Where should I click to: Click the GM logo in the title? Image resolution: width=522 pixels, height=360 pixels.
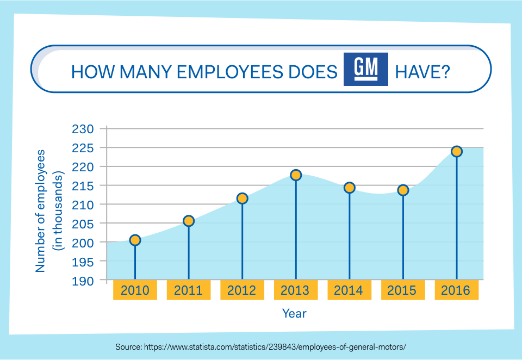pyautogui.click(x=366, y=70)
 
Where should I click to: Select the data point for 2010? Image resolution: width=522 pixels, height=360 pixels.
pyautogui.click(x=135, y=240)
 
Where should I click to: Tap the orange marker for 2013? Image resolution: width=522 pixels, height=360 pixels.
pyautogui.click(x=296, y=175)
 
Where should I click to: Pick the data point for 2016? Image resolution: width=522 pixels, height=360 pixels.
pyautogui.click(x=457, y=151)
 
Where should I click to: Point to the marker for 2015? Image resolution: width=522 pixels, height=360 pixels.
pyautogui.click(x=403, y=190)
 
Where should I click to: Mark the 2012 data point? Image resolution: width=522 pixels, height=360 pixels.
pyautogui.click(x=243, y=198)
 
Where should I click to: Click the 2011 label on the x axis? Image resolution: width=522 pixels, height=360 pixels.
pyautogui.click(x=188, y=290)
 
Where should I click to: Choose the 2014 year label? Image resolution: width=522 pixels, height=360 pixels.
pyautogui.click(x=349, y=290)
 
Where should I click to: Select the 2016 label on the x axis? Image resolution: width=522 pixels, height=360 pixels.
pyautogui.click(x=456, y=290)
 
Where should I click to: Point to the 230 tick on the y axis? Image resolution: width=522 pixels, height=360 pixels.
pyautogui.click(x=83, y=129)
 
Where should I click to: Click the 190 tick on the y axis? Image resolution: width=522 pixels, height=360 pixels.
pyautogui.click(x=83, y=281)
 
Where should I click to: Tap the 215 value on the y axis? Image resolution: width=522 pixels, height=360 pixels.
pyautogui.click(x=83, y=186)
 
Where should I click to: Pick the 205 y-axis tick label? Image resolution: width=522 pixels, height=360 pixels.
pyautogui.click(x=83, y=224)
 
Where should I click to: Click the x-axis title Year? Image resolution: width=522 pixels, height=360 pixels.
pyautogui.click(x=294, y=314)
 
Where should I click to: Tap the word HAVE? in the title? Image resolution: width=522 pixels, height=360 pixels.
pyautogui.click(x=422, y=72)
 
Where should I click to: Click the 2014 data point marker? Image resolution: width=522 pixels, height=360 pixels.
pyautogui.click(x=350, y=188)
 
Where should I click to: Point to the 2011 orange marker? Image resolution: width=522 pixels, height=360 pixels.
pyautogui.click(x=189, y=221)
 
